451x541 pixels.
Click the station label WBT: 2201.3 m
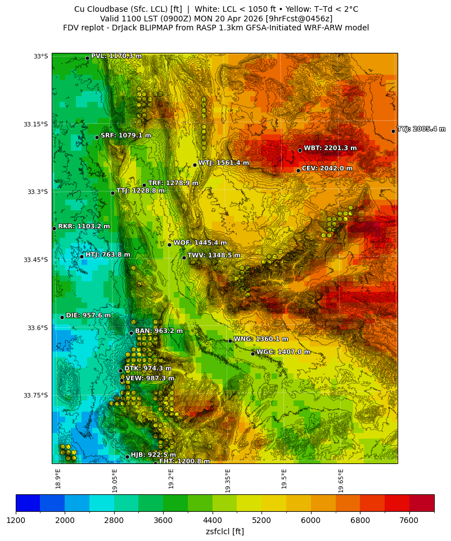(x=330, y=148)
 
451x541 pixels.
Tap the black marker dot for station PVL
(x=87, y=58)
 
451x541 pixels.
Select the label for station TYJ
(x=421, y=129)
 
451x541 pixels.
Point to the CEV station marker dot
(x=298, y=170)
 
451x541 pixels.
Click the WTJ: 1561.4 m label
(x=223, y=163)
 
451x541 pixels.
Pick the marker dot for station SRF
(x=97, y=137)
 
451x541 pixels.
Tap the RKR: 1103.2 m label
(x=84, y=227)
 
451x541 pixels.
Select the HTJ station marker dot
(x=82, y=256)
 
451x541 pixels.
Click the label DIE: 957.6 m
(x=88, y=315)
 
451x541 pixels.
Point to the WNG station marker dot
(x=230, y=341)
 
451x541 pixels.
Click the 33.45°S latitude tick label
(x=35, y=260)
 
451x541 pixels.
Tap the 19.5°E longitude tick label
(x=284, y=479)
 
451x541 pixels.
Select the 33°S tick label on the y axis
(x=41, y=56)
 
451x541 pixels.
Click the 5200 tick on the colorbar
(x=261, y=521)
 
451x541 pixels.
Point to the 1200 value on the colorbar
(x=16, y=521)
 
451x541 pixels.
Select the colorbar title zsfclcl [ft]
(x=224, y=531)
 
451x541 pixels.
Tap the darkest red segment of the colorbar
(x=421, y=503)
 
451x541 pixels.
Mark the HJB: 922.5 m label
(x=153, y=455)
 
